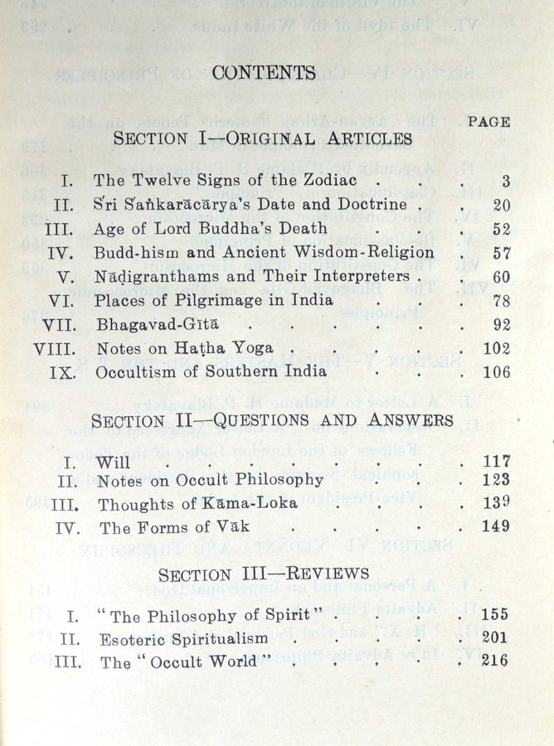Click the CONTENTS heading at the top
click(264, 73)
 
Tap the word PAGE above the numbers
click(488, 122)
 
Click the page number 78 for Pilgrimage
click(501, 301)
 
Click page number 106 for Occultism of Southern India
click(496, 372)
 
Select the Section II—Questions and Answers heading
click(272, 420)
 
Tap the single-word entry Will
click(113, 463)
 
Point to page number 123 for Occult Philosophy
click(496, 480)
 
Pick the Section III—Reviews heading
click(264, 574)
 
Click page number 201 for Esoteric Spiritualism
click(496, 638)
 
